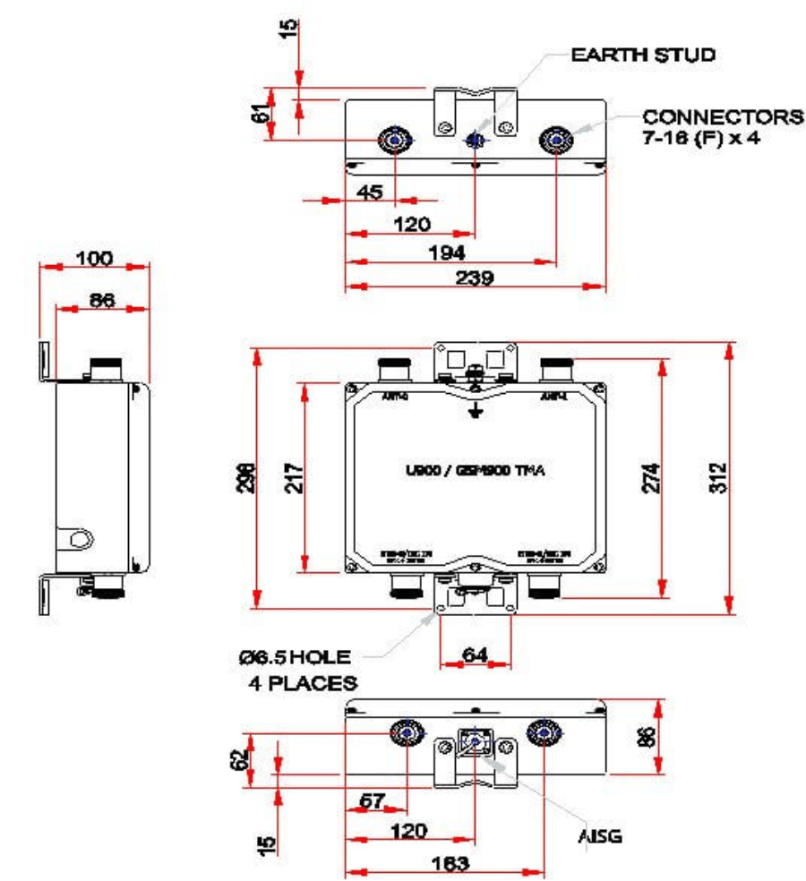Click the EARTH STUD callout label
[x=644, y=56]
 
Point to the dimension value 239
[x=475, y=278]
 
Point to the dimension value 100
[x=94, y=259]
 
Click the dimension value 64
[x=475, y=655]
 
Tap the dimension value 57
[x=373, y=802]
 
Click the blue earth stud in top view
[x=476, y=141]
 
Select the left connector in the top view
[x=395, y=141]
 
